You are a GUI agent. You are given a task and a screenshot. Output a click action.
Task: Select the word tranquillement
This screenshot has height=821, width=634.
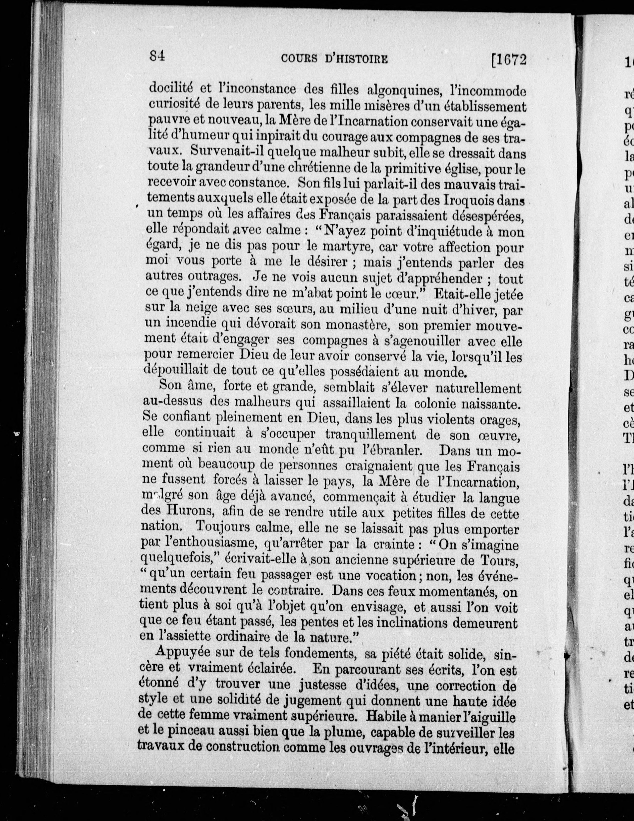pos(371,435)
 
